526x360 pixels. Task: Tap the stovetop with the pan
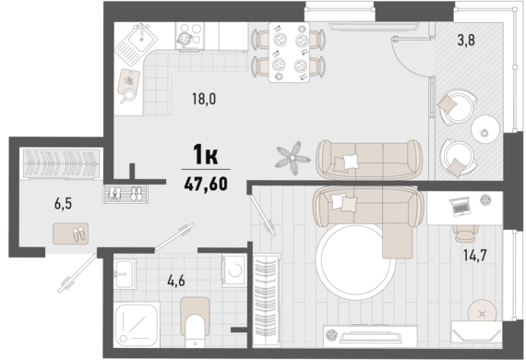click(x=189, y=36)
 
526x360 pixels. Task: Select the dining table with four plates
click(x=289, y=53)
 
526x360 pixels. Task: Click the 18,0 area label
click(x=204, y=99)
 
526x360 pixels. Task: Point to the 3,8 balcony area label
click(x=466, y=41)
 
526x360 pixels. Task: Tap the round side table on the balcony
click(x=485, y=129)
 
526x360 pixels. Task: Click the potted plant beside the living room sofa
click(x=293, y=158)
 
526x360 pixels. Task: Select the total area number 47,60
click(x=206, y=184)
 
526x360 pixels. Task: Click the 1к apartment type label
click(x=206, y=154)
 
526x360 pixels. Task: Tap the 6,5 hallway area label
click(x=63, y=204)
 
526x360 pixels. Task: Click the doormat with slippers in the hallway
click(x=70, y=234)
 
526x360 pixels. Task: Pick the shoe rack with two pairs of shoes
click(x=126, y=194)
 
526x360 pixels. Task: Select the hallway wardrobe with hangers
click(x=62, y=163)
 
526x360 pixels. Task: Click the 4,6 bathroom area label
click(x=176, y=281)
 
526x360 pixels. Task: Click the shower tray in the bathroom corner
click(x=137, y=324)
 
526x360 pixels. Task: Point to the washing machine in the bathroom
click(x=234, y=270)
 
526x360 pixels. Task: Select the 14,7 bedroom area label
click(x=474, y=256)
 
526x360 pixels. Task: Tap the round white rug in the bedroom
click(x=355, y=262)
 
